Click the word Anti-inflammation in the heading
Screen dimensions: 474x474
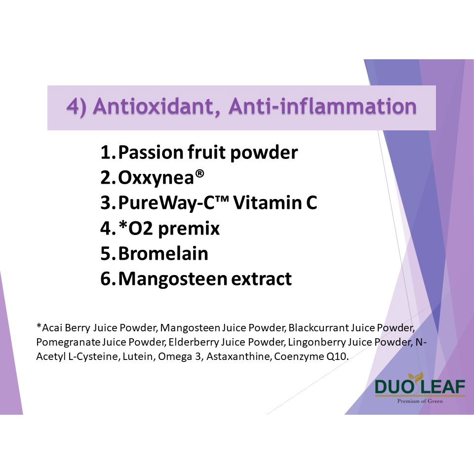[322, 107]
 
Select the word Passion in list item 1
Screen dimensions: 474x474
[151, 152]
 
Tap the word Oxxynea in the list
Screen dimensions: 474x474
[156, 177]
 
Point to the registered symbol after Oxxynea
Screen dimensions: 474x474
[199, 173]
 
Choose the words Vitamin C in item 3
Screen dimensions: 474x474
[275, 202]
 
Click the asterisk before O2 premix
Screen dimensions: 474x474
[123, 225]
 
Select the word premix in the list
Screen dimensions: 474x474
[189, 229]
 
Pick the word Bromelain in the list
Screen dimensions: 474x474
[163, 253]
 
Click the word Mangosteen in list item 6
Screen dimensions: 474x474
[173, 279]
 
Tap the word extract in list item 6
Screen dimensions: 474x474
[261, 279]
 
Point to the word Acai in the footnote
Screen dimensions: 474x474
[51, 328]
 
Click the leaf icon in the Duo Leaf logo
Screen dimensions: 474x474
[416, 378]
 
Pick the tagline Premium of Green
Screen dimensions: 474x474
[420, 401]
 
